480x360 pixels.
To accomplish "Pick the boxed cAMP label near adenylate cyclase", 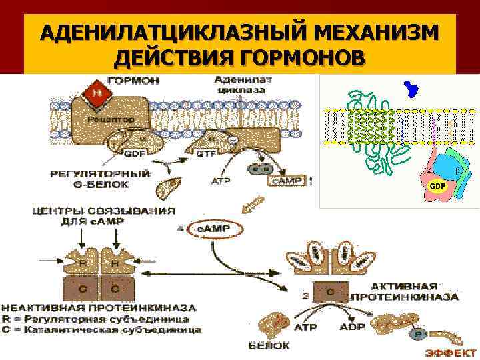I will point(285,181).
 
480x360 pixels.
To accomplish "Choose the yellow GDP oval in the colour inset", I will point(437,184).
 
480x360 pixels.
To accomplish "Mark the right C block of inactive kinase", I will point(114,289).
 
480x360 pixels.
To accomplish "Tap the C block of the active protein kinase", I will point(329,291).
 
